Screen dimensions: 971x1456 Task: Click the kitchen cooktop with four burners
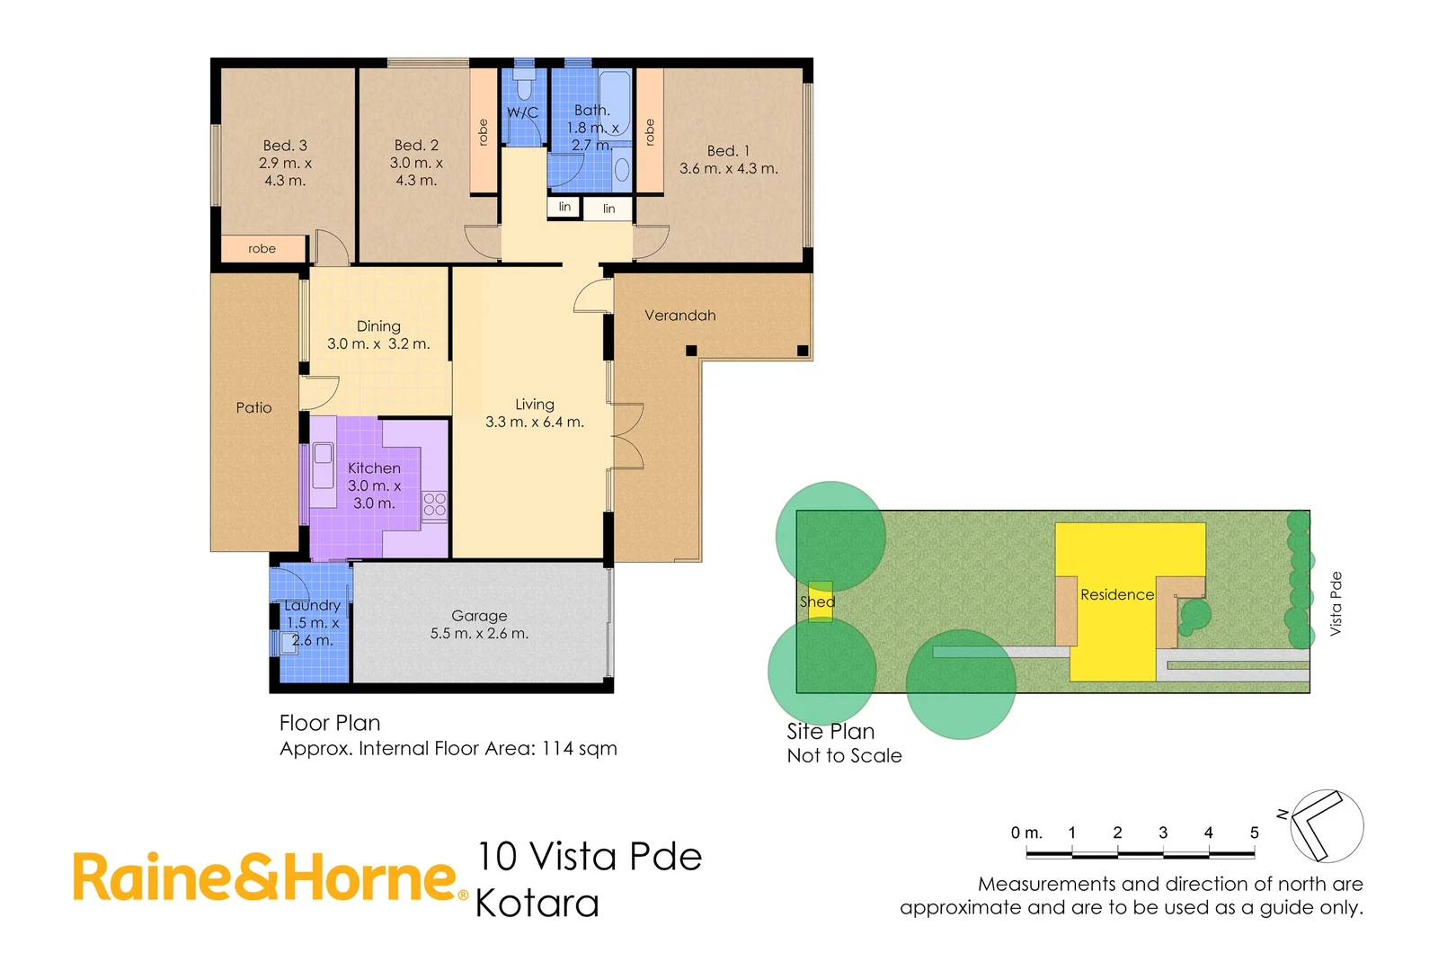(435, 504)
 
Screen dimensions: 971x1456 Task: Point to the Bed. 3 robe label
(262, 249)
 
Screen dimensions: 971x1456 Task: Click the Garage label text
(479, 616)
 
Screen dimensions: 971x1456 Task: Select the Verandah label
(679, 316)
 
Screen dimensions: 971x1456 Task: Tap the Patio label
(253, 408)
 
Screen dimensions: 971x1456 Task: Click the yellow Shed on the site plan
(819, 601)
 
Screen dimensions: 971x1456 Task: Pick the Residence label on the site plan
(1116, 595)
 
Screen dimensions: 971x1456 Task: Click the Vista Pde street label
(1336, 604)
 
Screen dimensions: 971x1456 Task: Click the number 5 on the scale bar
(1254, 833)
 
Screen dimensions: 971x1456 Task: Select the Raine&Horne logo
(270, 878)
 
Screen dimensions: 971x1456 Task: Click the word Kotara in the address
(537, 904)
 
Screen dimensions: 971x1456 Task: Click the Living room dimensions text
(535, 422)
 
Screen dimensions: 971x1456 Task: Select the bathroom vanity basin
(622, 169)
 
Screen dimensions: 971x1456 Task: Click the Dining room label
(378, 326)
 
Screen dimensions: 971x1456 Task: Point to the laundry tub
(289, 640)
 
